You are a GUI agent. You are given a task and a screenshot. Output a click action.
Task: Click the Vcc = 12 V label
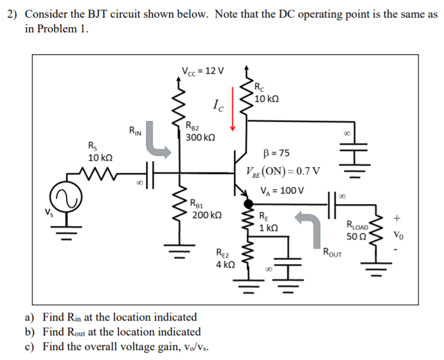point(203,72)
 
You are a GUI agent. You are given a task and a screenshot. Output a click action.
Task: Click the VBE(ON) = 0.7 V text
point(283,171)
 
